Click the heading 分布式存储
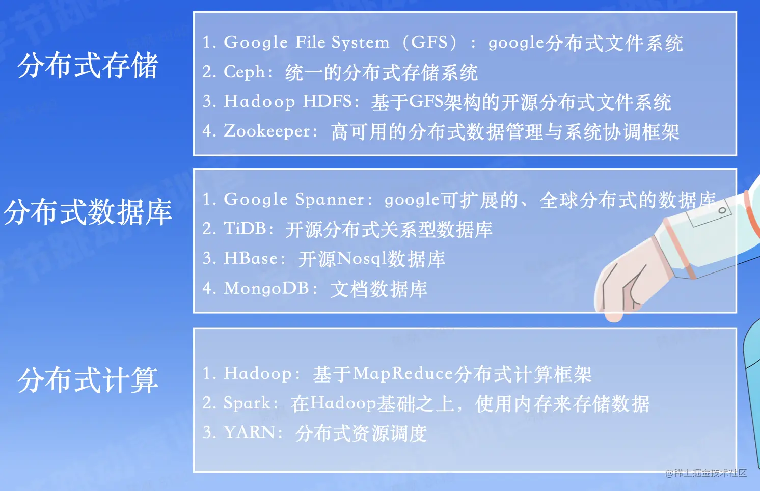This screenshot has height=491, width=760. click(x=88, y=66)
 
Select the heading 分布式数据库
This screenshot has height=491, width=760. click(x=88, y=212)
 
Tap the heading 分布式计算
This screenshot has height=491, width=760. click(x=88, y=380)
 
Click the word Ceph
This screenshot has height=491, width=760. click(x=245, y=72)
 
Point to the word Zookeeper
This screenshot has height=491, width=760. click(x=267, y=131)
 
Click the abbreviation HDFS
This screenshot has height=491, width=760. click(x=327, y=101)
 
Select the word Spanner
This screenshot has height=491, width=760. click(x=330, y=199)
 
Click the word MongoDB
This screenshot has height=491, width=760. click(x=266, y=288)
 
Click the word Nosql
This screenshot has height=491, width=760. click(x=362, y=259)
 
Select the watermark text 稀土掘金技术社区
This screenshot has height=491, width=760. click(x=710, y=473)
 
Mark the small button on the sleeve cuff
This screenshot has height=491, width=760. click(x=722, y=210)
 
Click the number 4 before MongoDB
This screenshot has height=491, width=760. click(x=207, y=288)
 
